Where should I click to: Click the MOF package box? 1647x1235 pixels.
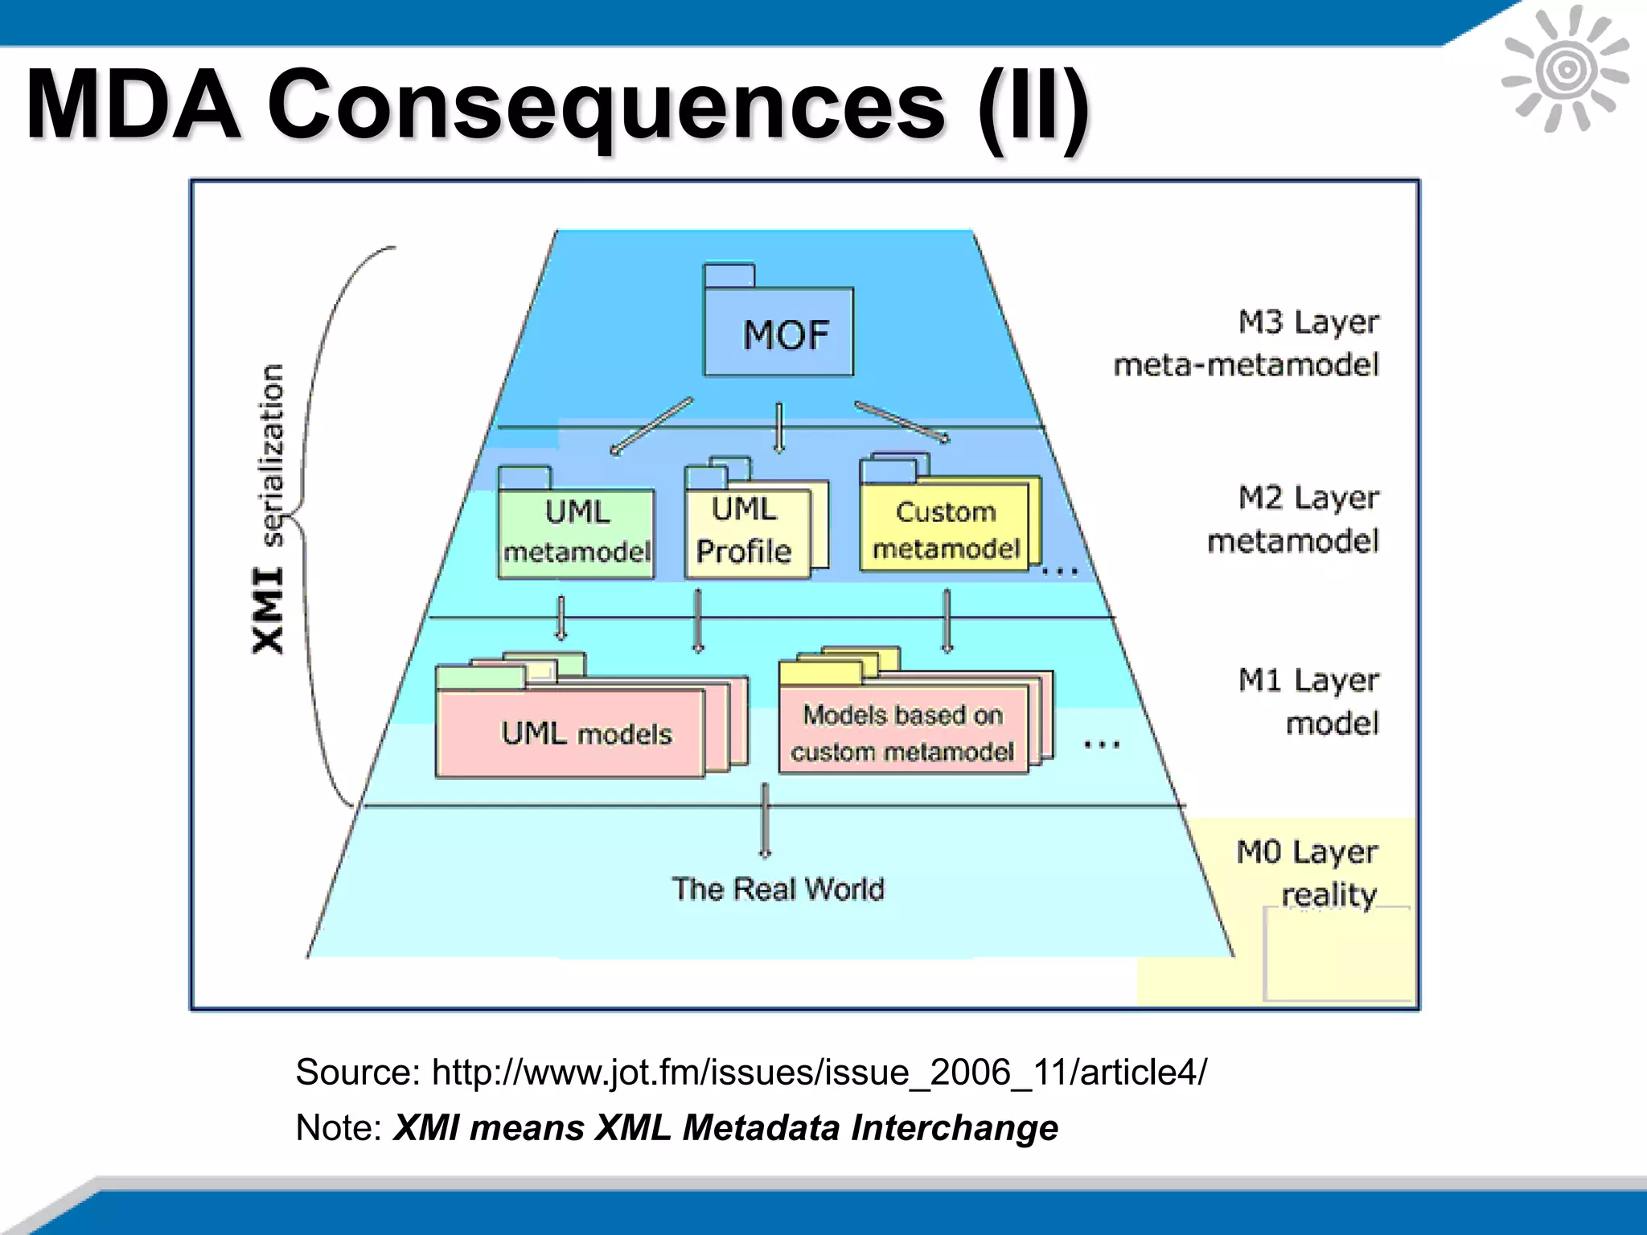(778, 332)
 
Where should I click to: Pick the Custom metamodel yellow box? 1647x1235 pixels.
(945, 529)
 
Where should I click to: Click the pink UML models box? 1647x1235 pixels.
(571, 732)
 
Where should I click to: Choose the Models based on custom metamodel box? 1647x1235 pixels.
(902, 731)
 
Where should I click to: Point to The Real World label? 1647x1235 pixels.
(778, 889)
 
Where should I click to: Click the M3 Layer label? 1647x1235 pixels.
(1308, 322)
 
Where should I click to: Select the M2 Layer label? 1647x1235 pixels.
(1308, 498)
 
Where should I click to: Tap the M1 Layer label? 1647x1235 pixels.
(1308, 680)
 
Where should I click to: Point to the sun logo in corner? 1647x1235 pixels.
(1565, 69)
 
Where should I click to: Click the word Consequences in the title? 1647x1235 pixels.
(606, 105)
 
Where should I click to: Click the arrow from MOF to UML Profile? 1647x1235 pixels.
(778, 428)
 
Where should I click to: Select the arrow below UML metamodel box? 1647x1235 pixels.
(561, 617)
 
